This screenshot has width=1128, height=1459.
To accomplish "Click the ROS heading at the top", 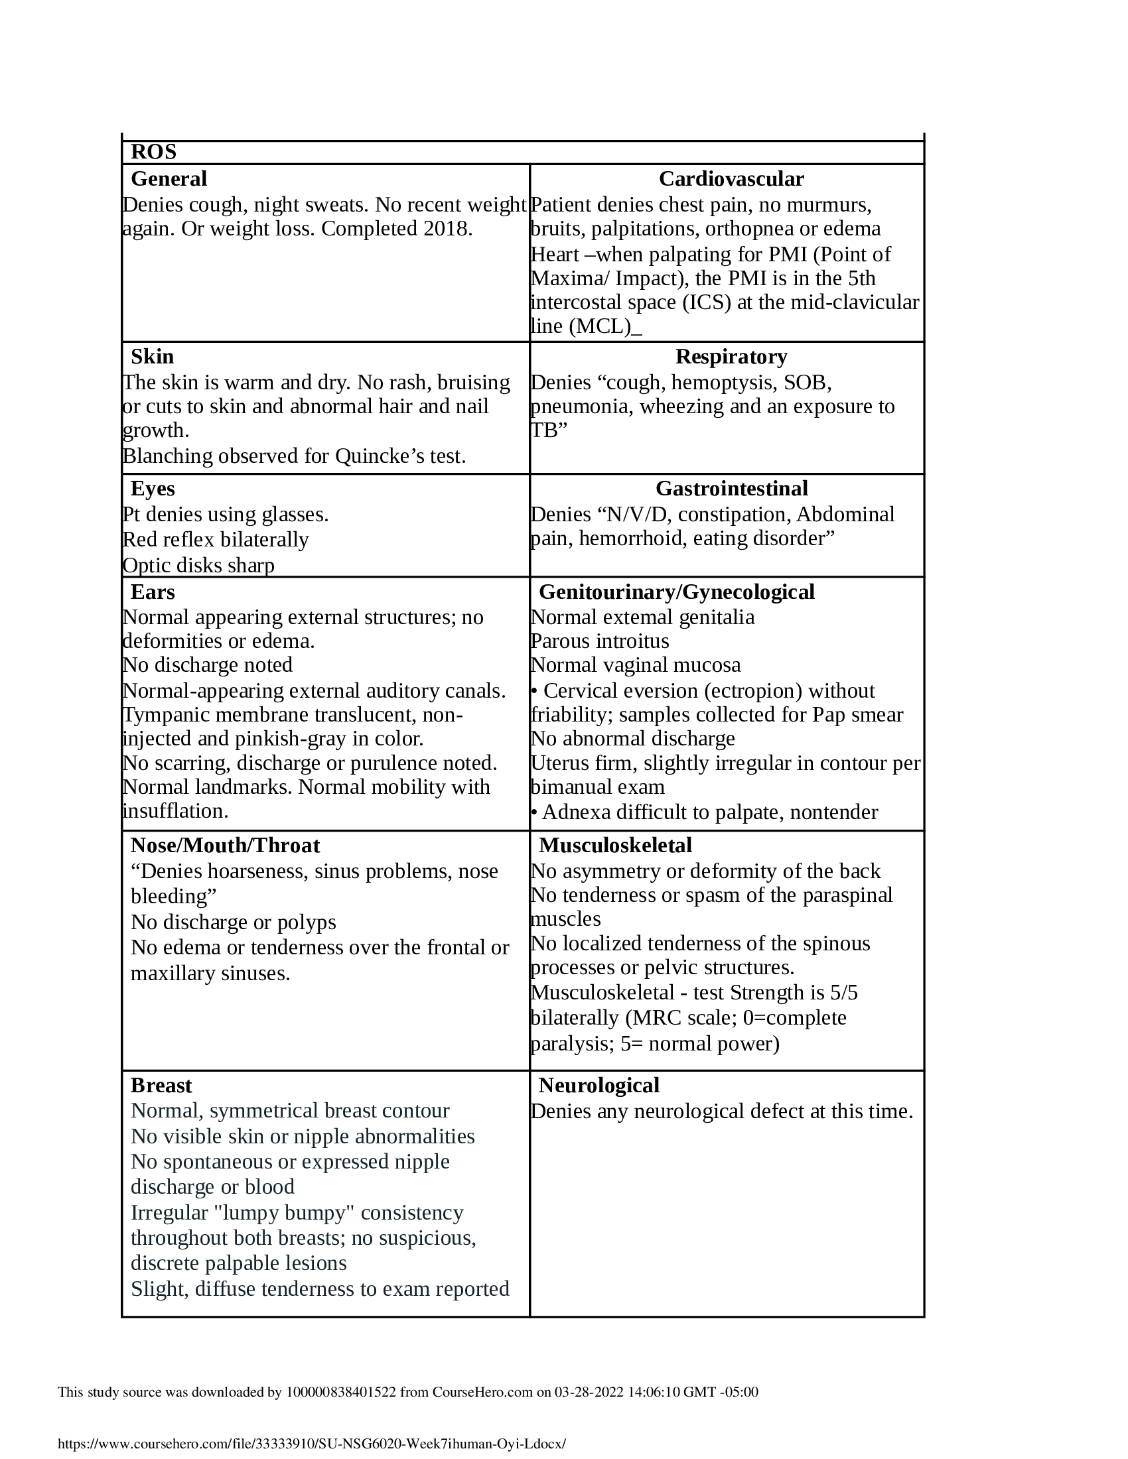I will [154, 153].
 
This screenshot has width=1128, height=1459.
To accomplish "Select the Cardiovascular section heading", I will [731, 179].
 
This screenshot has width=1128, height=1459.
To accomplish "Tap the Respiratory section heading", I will [731, 357].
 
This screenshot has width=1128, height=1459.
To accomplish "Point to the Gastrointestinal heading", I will [731, 489].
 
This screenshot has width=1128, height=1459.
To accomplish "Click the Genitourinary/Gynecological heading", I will [676, 592].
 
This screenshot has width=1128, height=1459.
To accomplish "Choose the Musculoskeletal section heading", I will [615, 846].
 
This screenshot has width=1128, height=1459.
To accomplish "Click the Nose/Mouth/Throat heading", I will [225, 846].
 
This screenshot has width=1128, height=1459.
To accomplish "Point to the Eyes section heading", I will [153, 489].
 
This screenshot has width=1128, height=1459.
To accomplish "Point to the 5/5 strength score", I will [843, 993].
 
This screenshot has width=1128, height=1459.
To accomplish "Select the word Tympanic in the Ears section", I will [163, 715].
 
